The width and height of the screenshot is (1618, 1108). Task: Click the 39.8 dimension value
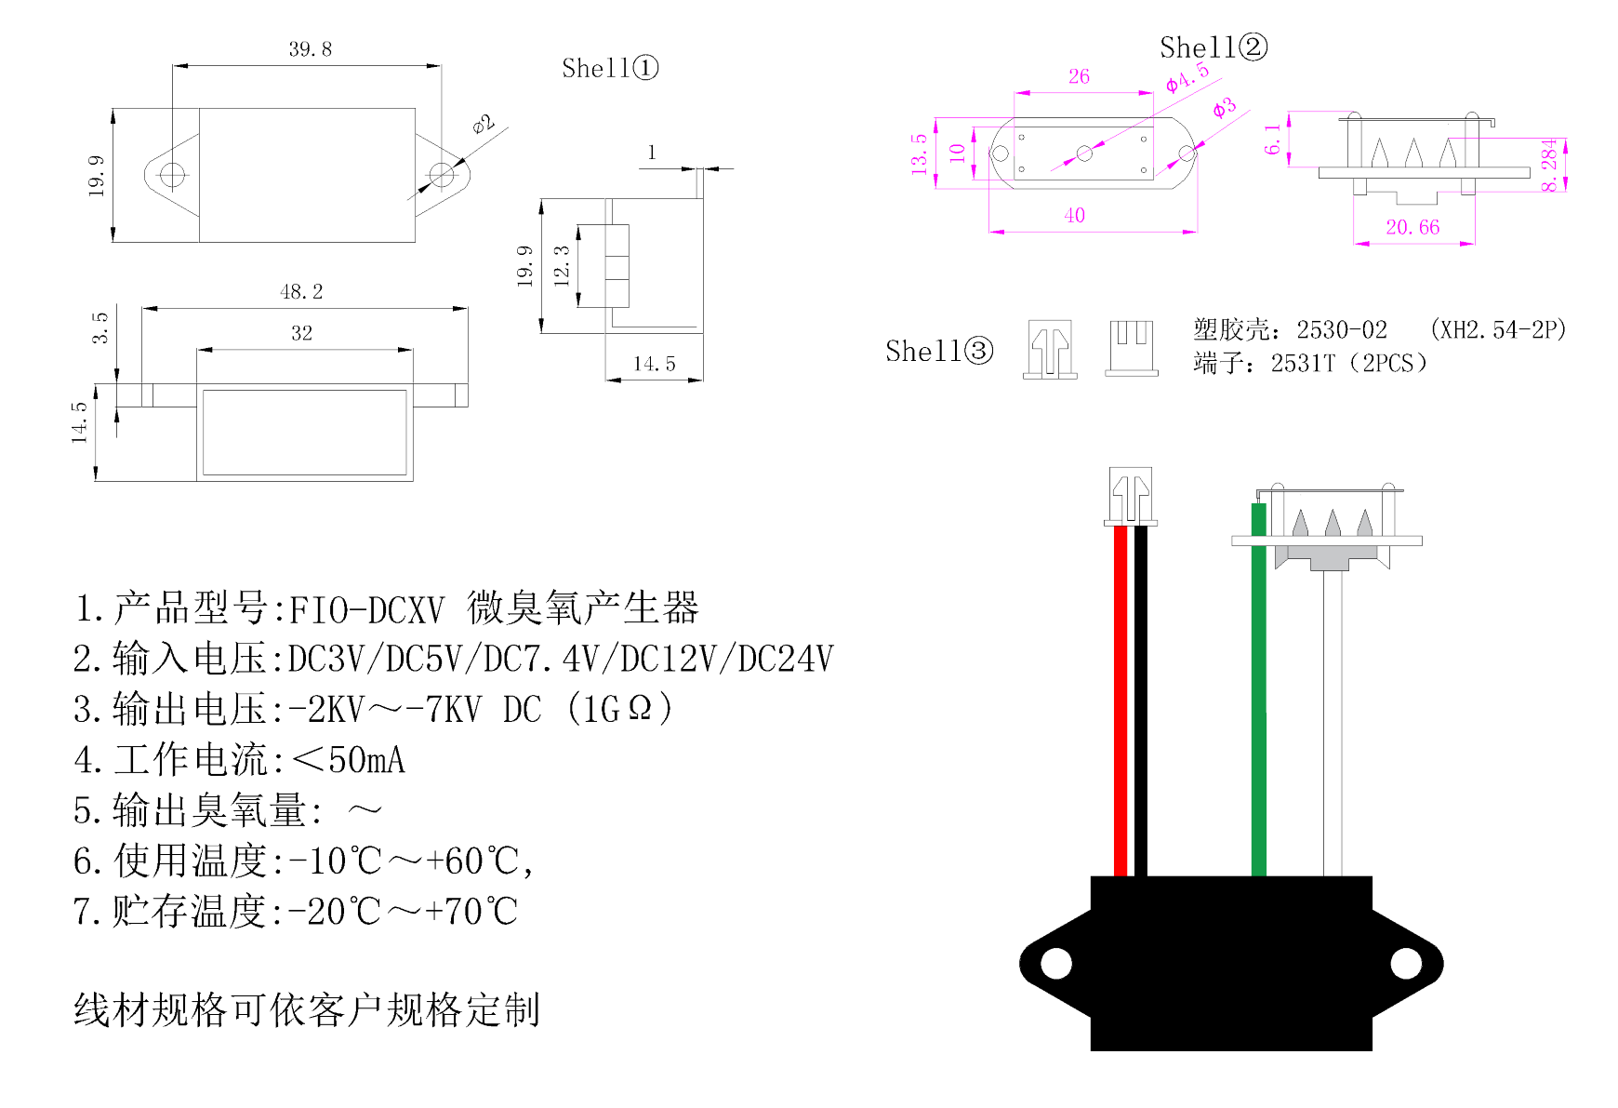pos(310,49)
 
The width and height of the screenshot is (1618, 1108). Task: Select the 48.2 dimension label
pos(301,292)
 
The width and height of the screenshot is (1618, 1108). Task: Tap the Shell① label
pos(610,68)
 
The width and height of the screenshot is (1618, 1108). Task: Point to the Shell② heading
pos(1213,47)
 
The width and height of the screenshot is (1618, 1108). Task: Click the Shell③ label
pos(939,351)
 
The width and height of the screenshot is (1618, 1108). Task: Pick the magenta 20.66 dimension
pos(1412,227)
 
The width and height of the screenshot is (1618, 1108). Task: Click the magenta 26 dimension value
pos(1079,76)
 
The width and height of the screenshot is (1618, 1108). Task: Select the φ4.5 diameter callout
pos(1187,77)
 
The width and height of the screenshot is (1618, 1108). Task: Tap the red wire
pos(1121,698)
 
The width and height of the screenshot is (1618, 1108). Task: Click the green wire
pos(1259,698)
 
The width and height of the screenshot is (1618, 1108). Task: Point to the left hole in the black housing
pos(1056,963)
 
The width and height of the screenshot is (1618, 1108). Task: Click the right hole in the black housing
pos(1406,963)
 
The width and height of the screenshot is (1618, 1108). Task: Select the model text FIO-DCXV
pos(367,610)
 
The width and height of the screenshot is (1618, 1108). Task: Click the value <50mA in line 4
pos(350,760)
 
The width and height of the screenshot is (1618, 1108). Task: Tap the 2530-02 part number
pos(1342,330)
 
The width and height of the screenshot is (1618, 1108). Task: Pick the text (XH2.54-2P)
pos(1498,329)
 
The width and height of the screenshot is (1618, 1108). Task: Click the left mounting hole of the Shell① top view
pos(172,174)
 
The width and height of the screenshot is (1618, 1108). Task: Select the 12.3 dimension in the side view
pos(562,266)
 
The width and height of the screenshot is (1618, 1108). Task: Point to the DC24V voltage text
pos(786,660)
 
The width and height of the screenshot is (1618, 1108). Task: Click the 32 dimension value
pos(301,333)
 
